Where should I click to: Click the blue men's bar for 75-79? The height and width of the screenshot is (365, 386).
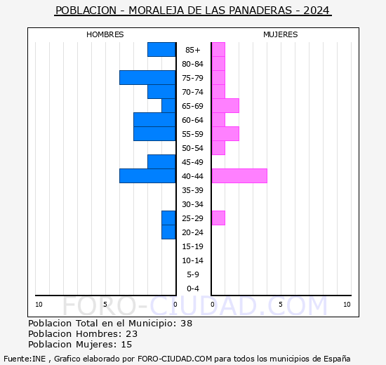pos(147,77)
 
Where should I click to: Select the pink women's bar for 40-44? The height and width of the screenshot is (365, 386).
pos(239,175)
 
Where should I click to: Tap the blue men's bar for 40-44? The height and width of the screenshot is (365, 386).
pos(147,175)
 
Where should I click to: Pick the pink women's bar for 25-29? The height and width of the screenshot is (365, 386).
pos(218,218)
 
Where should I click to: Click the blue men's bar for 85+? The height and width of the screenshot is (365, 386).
pos(161,49)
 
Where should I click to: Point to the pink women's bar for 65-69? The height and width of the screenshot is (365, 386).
pos(225,105)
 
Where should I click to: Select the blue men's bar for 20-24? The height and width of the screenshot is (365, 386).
pos(168,232)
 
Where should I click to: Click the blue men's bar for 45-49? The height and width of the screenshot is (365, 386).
pos(161,161)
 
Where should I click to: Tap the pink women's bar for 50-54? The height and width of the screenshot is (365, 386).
pos(218,147)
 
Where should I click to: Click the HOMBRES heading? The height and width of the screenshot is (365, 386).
pos(105,34)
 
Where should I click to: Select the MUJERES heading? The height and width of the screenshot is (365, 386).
pos(281,34)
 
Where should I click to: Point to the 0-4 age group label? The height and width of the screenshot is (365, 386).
pos(193,288)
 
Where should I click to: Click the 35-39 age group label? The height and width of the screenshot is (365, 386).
pos(193,190)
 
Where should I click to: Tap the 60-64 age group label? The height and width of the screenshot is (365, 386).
pos(193,120)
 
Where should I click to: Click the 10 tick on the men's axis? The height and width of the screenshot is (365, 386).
pos(39,304)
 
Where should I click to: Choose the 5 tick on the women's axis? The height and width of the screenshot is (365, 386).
pos(280,304)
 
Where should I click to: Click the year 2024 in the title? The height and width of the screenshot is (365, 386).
pos(317,11)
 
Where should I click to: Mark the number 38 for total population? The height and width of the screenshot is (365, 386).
pos(186,324)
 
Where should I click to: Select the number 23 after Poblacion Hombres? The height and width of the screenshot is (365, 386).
pos(132,334)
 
